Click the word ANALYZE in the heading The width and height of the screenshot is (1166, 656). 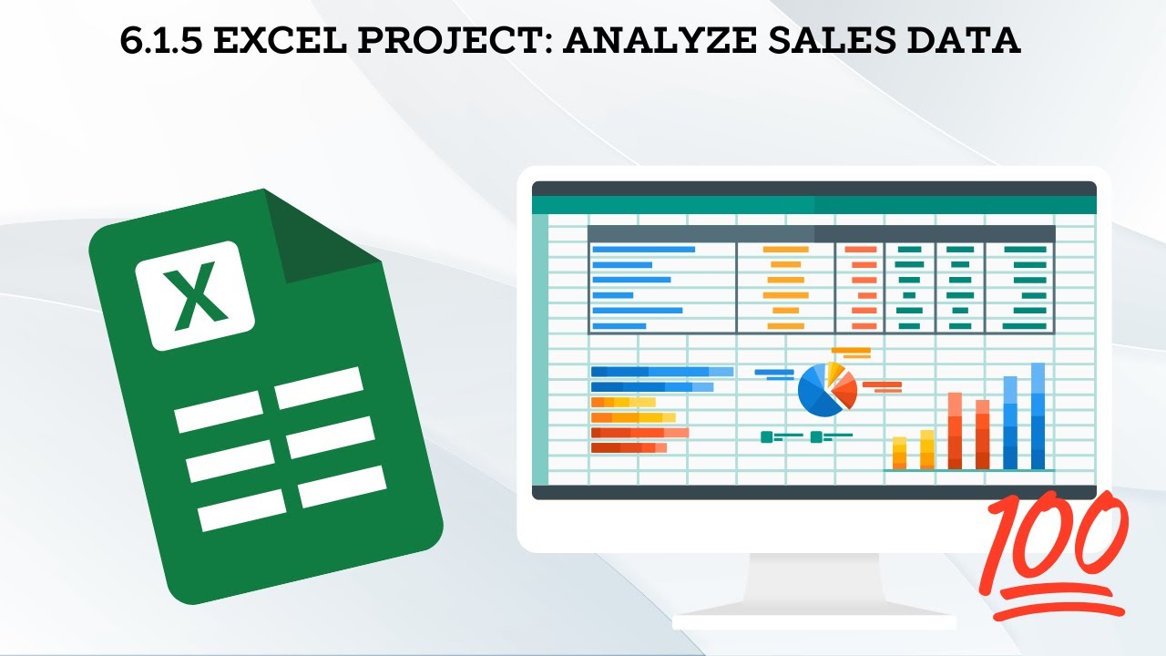point(654,41)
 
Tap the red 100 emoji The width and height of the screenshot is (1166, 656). point(1058,556)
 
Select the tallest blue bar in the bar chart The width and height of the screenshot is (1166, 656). point(1038,415)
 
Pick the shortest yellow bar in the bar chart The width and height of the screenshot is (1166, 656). point(899,452)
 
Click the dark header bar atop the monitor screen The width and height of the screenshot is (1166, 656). point(813,188)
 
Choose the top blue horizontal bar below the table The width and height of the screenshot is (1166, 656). point(661,372)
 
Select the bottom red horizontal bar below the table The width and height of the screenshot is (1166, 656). point(629,447)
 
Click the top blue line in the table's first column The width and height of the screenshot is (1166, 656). point(642,249)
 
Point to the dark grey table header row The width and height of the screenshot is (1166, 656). point(821,233)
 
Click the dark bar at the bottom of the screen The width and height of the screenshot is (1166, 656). point(813,492)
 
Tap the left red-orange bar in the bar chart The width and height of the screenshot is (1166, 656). point(955,430)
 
